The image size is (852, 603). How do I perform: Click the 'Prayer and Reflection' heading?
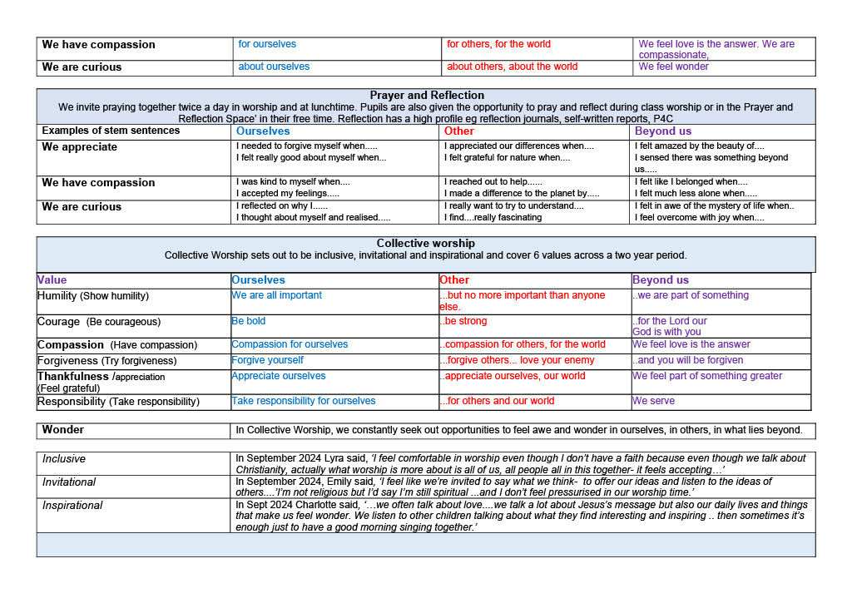click(x=426, y=96)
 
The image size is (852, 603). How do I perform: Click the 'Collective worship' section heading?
click(x=425, y=244)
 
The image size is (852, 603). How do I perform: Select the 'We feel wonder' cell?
click(x=673, y=67)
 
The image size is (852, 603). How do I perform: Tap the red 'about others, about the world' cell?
click(x=512, y=67)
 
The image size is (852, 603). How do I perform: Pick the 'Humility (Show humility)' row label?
click(x=93, y=296)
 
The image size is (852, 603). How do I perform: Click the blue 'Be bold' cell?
click(x=249, y=321)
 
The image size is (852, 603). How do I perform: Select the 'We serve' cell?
click(x=653, y=401)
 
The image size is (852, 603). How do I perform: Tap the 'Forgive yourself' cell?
click(x=267, y=360)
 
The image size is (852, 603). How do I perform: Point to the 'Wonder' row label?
click(x=63, y=430)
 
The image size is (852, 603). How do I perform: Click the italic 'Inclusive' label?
click(x=64, y=458)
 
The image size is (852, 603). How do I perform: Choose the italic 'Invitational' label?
click(x=69, y=482)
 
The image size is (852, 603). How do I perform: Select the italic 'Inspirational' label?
click(x=72, y=505)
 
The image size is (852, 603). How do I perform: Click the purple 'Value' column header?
click(x=52, y=280)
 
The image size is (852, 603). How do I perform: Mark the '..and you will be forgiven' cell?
click(x=687, y=360)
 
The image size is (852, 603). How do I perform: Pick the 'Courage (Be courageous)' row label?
click(x=98, y=322)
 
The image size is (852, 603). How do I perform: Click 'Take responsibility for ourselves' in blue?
click(x=303, y=401)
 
